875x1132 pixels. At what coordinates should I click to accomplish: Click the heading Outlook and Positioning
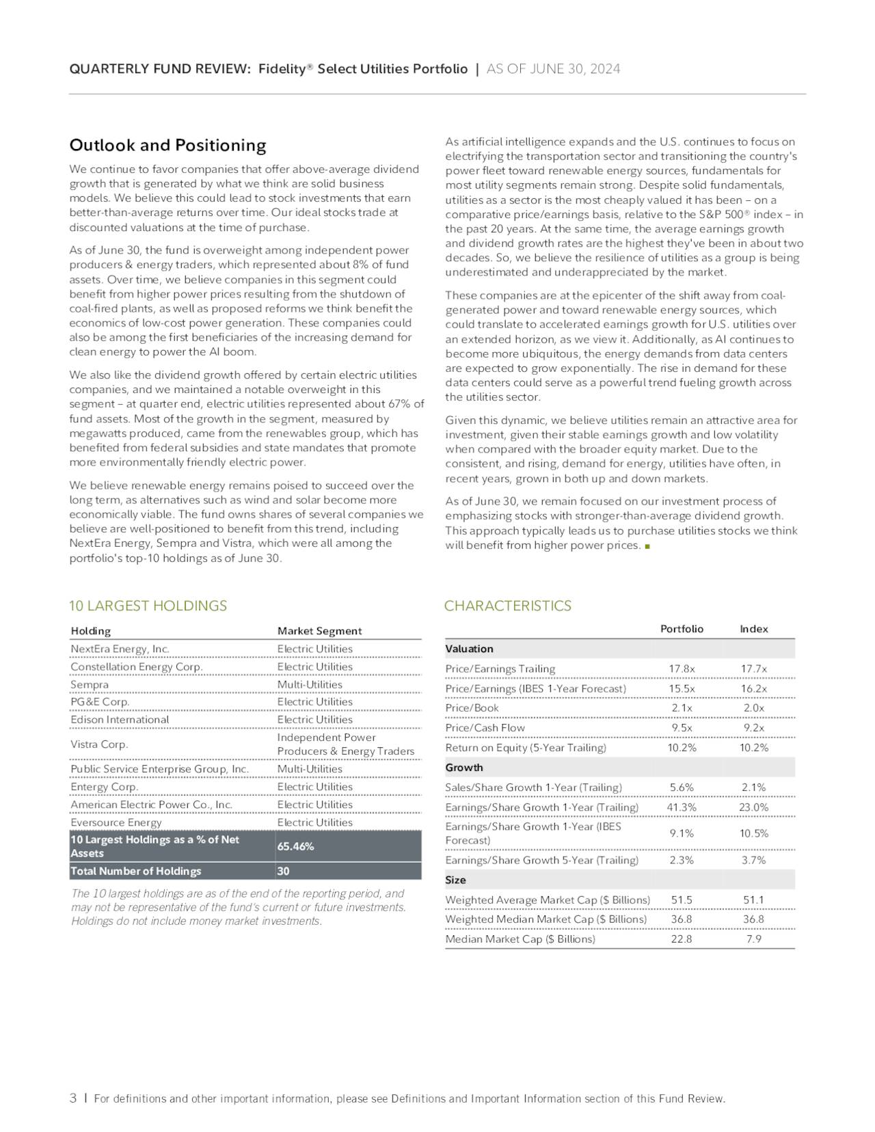(x=167, y=146)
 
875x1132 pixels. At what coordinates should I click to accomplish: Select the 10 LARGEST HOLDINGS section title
(x=148, y=606)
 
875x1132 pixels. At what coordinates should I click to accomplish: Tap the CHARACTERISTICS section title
(x=507, y=606)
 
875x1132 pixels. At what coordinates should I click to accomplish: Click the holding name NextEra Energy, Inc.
(x=120, y=649)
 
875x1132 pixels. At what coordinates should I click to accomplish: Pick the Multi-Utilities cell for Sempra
(x=310, y=684)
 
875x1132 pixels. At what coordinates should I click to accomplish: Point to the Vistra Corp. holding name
(x=99, y=744)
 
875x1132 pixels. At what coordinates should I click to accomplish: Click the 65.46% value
(x=295, y=846)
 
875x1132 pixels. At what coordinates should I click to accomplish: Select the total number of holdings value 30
(x=283, y=871)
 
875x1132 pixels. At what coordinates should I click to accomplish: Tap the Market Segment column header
(x=319, y=631)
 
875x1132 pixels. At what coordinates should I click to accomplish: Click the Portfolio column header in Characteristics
(x=682, y=629)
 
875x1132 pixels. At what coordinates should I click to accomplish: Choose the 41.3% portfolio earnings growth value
(x=682, y=807)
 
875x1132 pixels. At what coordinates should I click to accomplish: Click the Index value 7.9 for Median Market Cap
(x=753, y=939)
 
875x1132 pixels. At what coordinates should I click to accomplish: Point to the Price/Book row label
(x=472, y=708)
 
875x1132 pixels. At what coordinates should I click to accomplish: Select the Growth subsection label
(x=463, y=768)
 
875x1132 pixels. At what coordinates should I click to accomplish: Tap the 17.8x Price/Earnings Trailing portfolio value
(x=682, y=669)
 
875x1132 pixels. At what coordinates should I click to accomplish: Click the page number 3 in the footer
(x=73, y=1099)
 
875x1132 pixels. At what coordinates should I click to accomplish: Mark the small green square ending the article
(x=647, y=546)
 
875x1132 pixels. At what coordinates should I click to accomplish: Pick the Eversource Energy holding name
(x=116, y=822)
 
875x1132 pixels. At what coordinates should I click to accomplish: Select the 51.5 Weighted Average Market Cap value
(x=682, y=900)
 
